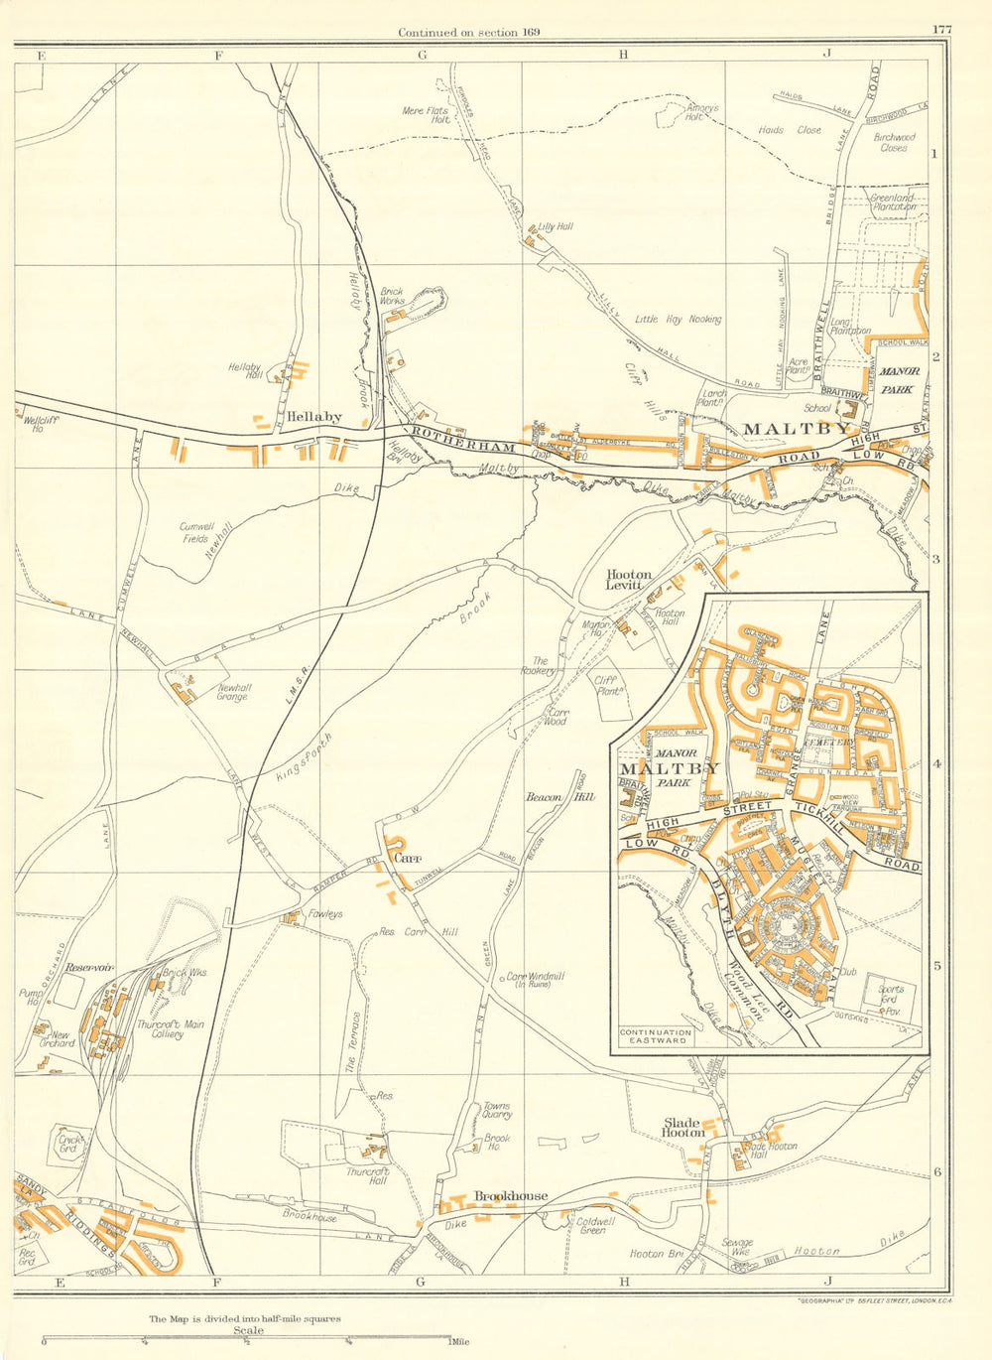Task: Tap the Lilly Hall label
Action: tap(556, 226)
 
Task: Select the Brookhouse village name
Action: tap(511, 1196)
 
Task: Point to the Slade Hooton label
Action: tap(683, 1128)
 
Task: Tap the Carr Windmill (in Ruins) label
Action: tap(539, 980)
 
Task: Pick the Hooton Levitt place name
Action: tap(630, 580)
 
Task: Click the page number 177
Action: tap(941, 30)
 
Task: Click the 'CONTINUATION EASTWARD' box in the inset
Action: tap(655, 1037)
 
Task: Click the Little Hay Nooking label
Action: tap(679, 320)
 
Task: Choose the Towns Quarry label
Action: tap(497, 1110)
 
